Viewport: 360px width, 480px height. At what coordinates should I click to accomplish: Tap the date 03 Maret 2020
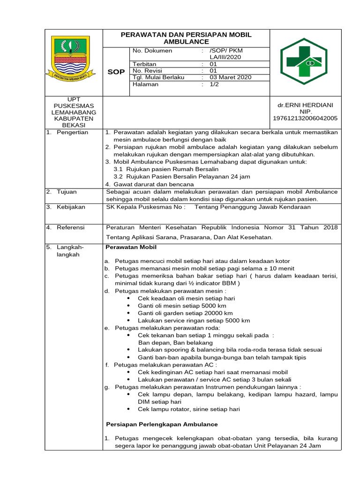tap(230, 77)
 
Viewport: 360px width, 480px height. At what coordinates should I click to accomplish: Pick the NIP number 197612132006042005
tap(305, 119)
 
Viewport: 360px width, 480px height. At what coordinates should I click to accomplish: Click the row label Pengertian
tap(72, 133)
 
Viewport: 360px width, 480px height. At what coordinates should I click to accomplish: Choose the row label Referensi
tap(71, 227)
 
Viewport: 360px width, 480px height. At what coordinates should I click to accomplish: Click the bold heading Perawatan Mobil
tap(131, 247)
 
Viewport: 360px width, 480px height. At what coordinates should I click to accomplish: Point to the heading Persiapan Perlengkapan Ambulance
tap(162, 424)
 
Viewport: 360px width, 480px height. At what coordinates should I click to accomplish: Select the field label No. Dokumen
tap(152, 51)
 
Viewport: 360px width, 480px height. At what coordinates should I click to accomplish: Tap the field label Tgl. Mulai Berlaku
tap(158, 77)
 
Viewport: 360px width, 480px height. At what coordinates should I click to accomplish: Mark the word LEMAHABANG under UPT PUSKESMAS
tap(74, 112)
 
